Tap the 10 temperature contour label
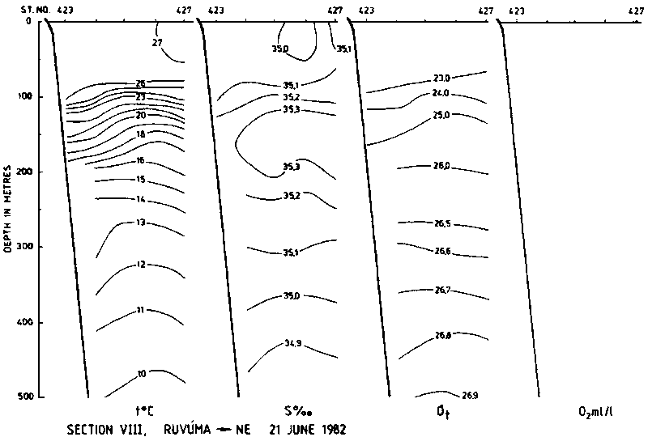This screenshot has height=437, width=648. pos(141,374)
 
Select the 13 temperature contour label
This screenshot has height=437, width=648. pos(140,222)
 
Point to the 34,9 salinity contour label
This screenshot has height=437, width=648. pos(292,343)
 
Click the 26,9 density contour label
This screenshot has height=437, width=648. pos(471,396)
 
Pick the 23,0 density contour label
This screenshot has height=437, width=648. pos(441,78)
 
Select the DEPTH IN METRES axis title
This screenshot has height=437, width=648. pos(10,208)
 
